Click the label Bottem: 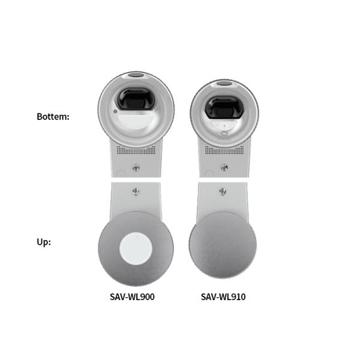point(53,116)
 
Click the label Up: point(44,242)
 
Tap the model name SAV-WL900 point(132,297)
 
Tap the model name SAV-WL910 point(223,297)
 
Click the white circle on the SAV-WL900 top point(136,248)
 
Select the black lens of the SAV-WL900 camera point(135,99)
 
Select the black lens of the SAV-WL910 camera point(224,107)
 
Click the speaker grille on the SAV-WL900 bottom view point(136,150)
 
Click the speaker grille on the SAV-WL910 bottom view point(224,150)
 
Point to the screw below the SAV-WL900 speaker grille point(136,167)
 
